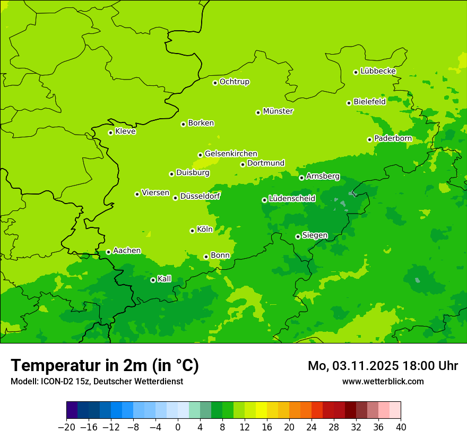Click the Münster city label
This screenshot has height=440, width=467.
278,111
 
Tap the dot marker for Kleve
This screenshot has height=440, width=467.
110,133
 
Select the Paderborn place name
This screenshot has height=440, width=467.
393,138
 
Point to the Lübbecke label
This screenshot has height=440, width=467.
378,71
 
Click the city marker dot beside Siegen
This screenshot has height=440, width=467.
298,236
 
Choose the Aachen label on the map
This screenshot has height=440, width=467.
127,251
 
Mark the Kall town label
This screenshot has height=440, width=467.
165,279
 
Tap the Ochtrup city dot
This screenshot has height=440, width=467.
215,83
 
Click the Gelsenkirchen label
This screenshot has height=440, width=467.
231,154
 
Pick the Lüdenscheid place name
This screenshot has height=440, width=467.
292,199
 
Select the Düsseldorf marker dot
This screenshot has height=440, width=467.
175,198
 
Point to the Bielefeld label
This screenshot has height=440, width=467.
369,102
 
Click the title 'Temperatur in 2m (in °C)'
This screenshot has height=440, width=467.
105,366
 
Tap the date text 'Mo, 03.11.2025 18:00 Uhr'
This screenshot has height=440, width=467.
383,366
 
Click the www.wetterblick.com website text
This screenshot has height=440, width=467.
383,382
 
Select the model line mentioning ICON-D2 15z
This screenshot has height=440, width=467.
97,382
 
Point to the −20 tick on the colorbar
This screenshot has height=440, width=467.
66,427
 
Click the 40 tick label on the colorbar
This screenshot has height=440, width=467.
401,427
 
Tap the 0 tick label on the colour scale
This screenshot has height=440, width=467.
178,427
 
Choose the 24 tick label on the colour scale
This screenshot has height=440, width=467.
312,427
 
